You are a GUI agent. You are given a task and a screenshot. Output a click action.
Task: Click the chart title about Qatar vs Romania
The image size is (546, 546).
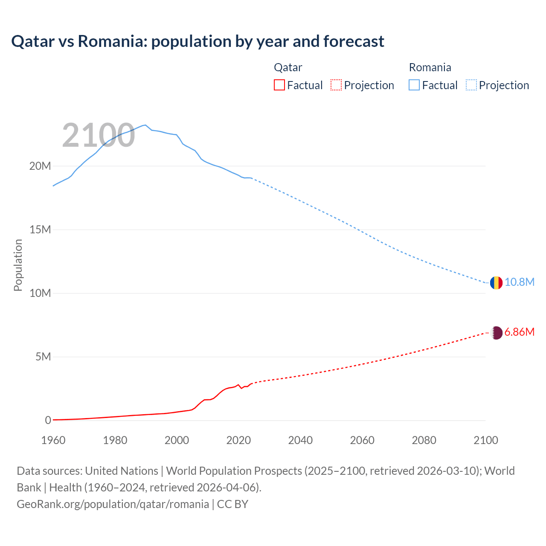point(197,41)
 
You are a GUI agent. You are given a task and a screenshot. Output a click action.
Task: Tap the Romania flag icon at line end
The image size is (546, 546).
point(496,283)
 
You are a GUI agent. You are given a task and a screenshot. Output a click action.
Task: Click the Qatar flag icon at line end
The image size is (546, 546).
point(496,333)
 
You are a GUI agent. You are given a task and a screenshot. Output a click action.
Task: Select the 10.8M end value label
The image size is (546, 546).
point(519,282)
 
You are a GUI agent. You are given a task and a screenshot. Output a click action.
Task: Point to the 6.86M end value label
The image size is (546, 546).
point(519,332)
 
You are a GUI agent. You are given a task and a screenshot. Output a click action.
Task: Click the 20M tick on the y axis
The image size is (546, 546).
point(40,166)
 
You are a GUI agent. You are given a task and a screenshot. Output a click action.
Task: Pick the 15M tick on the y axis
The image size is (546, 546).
point(40,230)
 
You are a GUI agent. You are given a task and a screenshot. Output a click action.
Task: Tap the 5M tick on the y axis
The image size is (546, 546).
point(43,357)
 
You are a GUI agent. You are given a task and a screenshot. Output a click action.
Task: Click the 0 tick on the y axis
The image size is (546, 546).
point(48,421)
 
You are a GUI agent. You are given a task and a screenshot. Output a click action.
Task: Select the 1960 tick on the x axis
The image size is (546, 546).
point(53,440)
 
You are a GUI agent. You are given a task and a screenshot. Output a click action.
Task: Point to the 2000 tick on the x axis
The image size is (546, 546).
point(177,440)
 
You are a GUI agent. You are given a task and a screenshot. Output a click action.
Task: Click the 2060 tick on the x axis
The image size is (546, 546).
point(362,440)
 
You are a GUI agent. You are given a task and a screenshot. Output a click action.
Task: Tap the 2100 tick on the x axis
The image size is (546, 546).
point(485,440)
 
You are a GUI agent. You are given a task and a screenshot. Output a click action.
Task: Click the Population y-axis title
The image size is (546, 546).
point(18,265)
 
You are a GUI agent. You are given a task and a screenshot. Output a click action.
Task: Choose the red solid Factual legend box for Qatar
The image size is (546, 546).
point(279,85)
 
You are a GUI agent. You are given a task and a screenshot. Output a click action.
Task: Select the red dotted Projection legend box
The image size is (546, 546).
point(336,85)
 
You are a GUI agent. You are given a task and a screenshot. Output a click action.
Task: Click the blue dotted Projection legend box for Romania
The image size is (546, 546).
point(471,85)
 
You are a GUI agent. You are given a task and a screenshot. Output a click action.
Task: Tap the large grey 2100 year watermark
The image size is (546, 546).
point(99,136)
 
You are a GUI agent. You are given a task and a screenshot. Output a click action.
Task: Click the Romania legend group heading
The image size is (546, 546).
point(430,67)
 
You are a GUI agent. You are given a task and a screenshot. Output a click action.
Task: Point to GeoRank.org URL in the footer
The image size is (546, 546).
point(113,504)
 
